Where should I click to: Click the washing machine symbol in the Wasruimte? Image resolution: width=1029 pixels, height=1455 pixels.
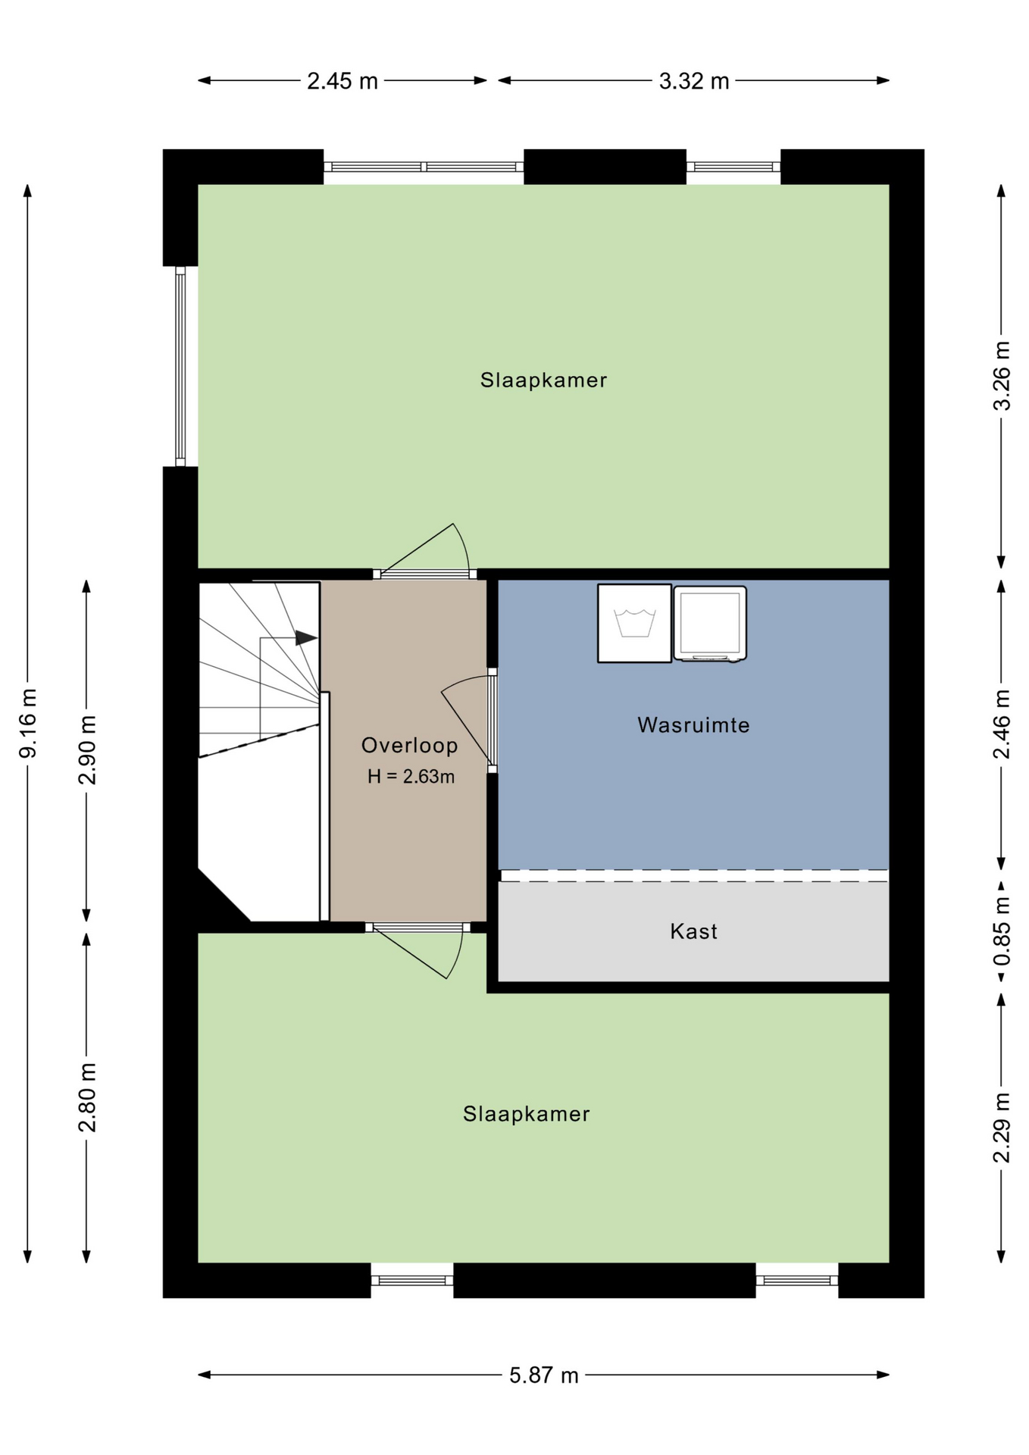pos(634,623)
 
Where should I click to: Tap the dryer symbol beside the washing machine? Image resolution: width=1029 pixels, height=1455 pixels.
pos(710,624)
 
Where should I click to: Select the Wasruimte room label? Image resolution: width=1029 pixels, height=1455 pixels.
pos(693,725)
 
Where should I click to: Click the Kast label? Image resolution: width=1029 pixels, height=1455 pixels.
pos(693,931)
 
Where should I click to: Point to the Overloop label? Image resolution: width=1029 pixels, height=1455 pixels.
pos(409,746)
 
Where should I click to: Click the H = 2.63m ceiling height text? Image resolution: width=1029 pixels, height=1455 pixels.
pos(411,777)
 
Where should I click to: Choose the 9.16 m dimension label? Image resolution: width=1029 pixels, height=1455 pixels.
pos(27,723)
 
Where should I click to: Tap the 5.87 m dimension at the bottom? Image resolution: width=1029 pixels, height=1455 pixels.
pos(543,1375)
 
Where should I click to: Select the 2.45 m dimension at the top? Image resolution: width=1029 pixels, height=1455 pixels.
pos(342,81)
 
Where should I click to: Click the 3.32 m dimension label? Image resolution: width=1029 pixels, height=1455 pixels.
pos(693,81)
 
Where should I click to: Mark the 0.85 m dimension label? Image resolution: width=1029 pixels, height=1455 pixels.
pos(1002,931)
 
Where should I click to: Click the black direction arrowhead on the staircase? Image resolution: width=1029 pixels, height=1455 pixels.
pos(306,638)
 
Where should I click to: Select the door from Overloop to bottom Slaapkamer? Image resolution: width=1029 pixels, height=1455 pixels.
pos(418,951)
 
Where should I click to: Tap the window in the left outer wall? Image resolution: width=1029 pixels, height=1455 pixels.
pos(180,365)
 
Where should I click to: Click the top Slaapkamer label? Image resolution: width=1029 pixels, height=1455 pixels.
pos(543,380)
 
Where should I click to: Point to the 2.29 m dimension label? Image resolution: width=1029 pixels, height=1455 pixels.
pos(1002,1128)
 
